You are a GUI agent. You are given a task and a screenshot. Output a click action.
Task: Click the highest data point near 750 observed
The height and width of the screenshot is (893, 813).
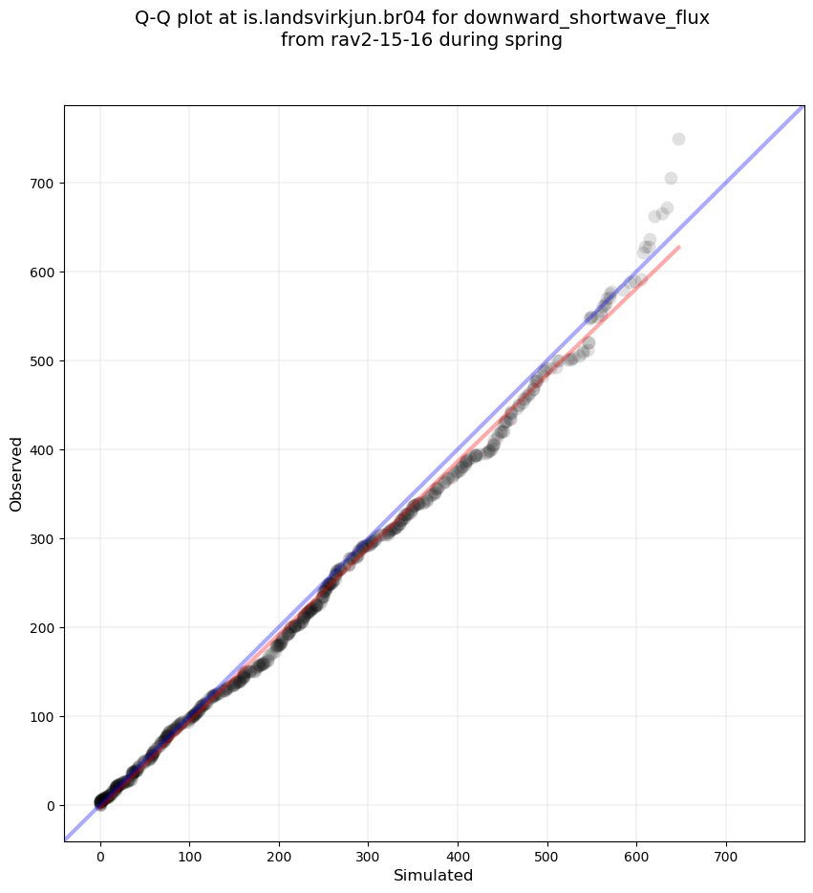tap(678, 140)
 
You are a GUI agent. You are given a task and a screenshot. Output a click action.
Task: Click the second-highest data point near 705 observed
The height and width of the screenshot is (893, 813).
tap(671, 179)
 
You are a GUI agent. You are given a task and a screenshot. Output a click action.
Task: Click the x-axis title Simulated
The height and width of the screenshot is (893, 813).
tap(434, 875)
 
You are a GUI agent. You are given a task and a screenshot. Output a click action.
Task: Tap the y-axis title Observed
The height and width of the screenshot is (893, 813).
tap(16, 474)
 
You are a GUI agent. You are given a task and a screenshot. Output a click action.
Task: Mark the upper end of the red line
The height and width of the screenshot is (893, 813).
tap(679, 247)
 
